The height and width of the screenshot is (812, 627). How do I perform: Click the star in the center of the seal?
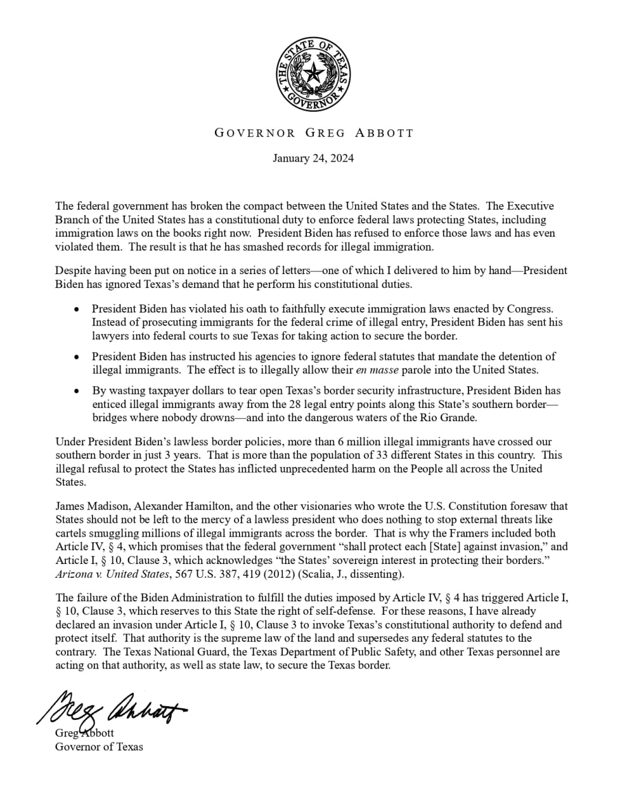tap(313, 75)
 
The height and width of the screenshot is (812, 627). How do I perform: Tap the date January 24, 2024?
tap(313, 158)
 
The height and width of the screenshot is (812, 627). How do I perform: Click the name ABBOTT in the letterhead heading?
tap(384, 133)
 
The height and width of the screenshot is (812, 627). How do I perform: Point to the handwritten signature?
tap(111, 706)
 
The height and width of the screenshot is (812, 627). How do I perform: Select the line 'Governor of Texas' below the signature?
tap(99, 747)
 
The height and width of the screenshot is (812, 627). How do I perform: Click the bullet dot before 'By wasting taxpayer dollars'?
tap(77, 391)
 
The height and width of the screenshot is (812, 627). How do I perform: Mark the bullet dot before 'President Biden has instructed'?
tap(77, 357)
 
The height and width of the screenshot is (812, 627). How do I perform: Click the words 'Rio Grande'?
tap(448, 417)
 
